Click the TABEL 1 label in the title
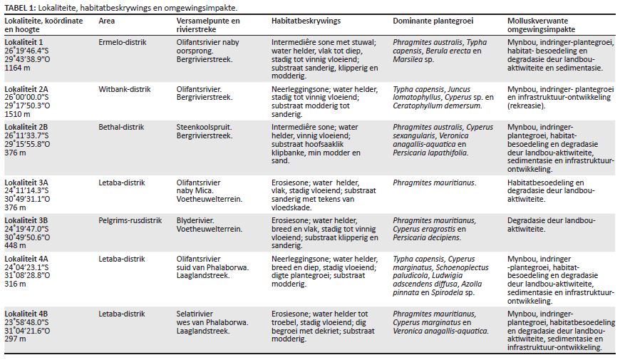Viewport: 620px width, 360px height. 21,7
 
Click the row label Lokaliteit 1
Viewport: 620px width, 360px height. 25,42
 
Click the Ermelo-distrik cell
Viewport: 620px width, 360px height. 123,42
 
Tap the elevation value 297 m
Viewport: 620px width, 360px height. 15,336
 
